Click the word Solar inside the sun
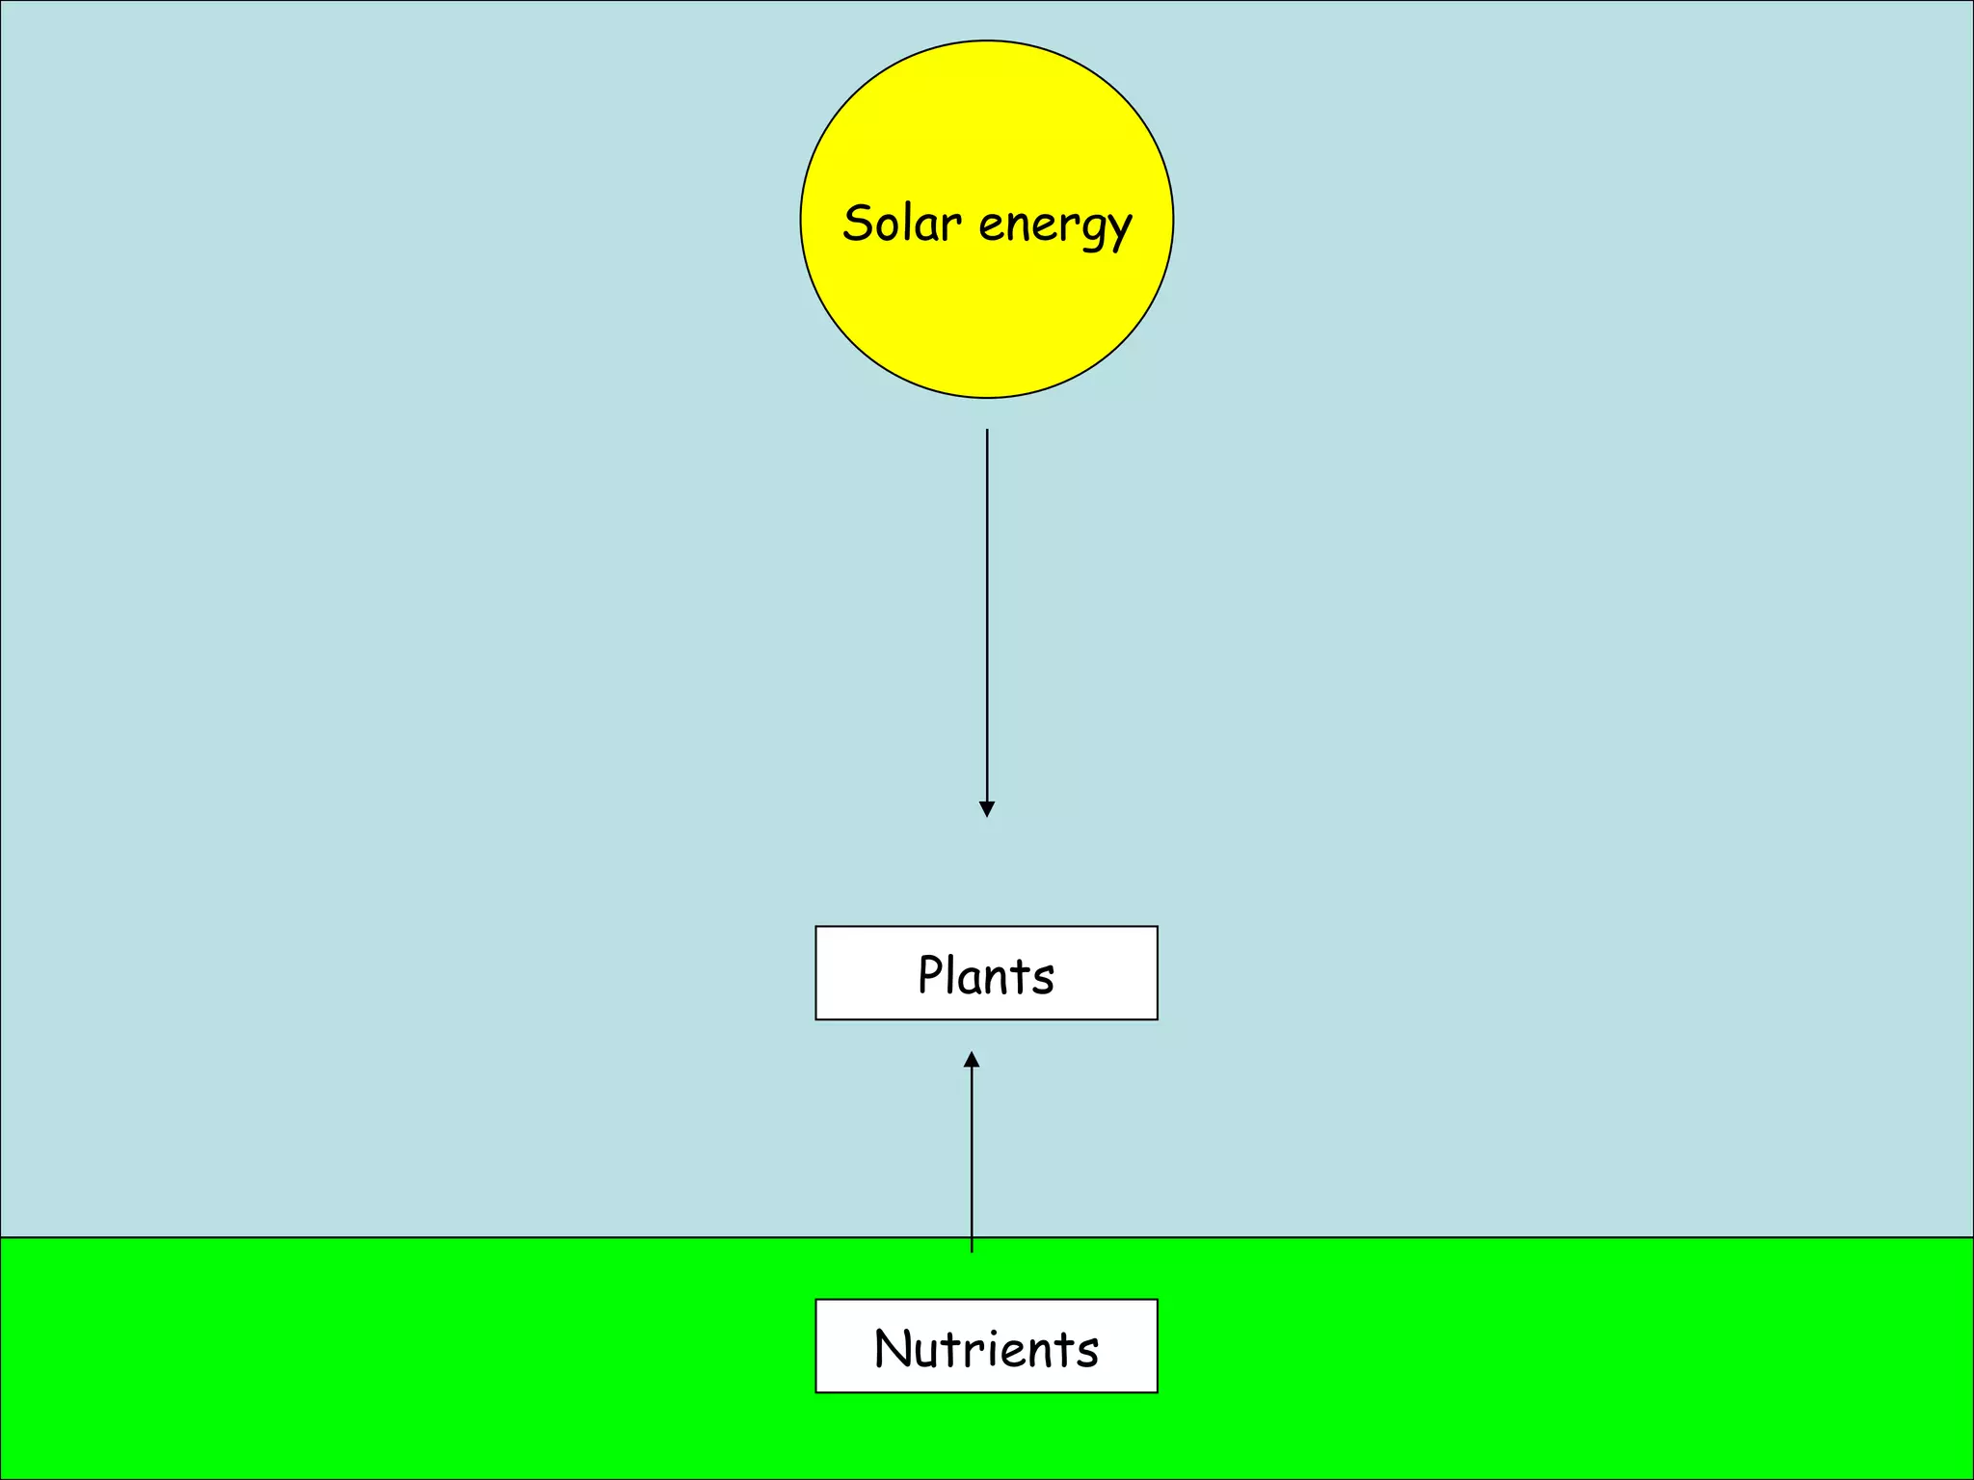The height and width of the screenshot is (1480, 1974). (x=901, y=224)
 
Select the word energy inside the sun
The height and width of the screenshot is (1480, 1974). (x=1054, y=226)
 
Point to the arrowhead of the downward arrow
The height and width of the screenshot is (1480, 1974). (x=987, y=808)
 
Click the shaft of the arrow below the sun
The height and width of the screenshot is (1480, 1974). (x=987, y=617)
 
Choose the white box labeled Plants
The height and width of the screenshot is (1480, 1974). (x=986, y=973)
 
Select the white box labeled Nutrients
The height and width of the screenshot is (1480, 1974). (x=986, y=1346)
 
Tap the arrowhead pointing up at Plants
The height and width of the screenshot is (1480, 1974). (x=972, y=1060)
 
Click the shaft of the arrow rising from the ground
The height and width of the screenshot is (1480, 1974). (x=972, y=1156)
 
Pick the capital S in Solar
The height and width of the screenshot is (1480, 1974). (x=859, y=223)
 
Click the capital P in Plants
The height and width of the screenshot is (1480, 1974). (x=930, y=974)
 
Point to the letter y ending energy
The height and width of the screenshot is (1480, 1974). (x=1119, y=231)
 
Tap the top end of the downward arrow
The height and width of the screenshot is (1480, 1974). (x=987, y=432)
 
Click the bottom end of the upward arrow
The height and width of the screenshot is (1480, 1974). (x=972, y=1250)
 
